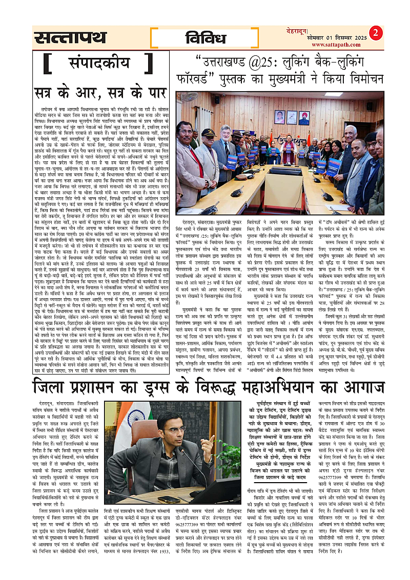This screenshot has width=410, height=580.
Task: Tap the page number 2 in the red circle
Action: pyautogui.click(x=377, y=32)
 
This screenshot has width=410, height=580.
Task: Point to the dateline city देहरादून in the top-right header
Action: pyautogui.click(x=298, y=31)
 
